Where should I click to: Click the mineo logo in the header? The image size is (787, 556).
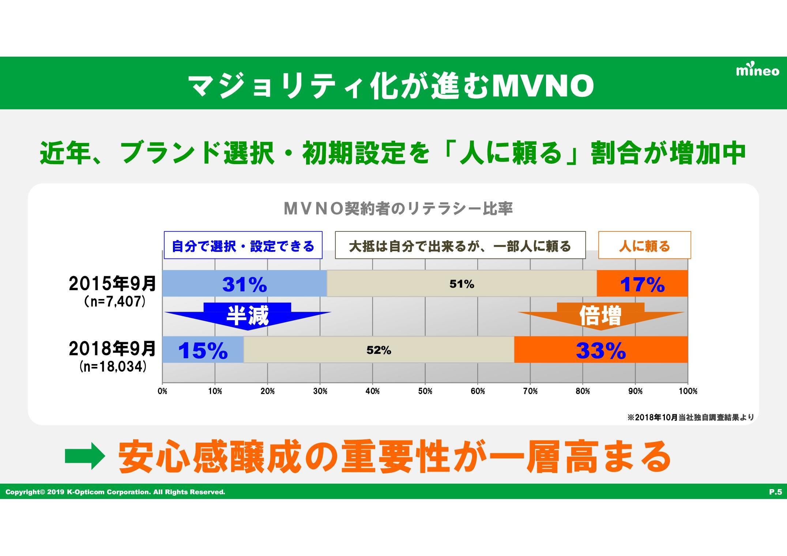tap(757, 71)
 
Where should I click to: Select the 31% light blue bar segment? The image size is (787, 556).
tap(244, 284)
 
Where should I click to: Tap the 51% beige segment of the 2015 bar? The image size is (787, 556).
tap(462, 284)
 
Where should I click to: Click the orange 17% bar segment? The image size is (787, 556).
tap(642, 284)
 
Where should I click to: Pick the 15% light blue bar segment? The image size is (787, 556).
tap(203, 350)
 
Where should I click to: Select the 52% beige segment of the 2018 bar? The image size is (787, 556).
tap(379, 350)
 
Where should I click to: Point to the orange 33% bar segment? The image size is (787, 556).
tap(601, 350)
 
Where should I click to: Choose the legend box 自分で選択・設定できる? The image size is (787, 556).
tap(243, 246)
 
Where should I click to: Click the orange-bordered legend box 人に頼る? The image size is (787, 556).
tap(644, 246)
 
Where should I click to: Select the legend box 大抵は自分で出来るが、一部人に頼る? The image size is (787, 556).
tap(460, 246)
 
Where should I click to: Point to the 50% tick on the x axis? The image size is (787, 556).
tap(425, 391)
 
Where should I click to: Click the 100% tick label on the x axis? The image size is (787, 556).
tap(688, 391)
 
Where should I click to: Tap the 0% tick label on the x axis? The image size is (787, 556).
tap(162, 391)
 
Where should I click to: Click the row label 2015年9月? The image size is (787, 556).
tap(113, 284)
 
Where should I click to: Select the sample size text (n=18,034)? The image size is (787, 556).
tap(113, 367)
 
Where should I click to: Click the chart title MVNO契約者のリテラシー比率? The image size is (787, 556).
tap(398, 209)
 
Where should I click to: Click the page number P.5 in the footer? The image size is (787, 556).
tap(775, 492)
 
